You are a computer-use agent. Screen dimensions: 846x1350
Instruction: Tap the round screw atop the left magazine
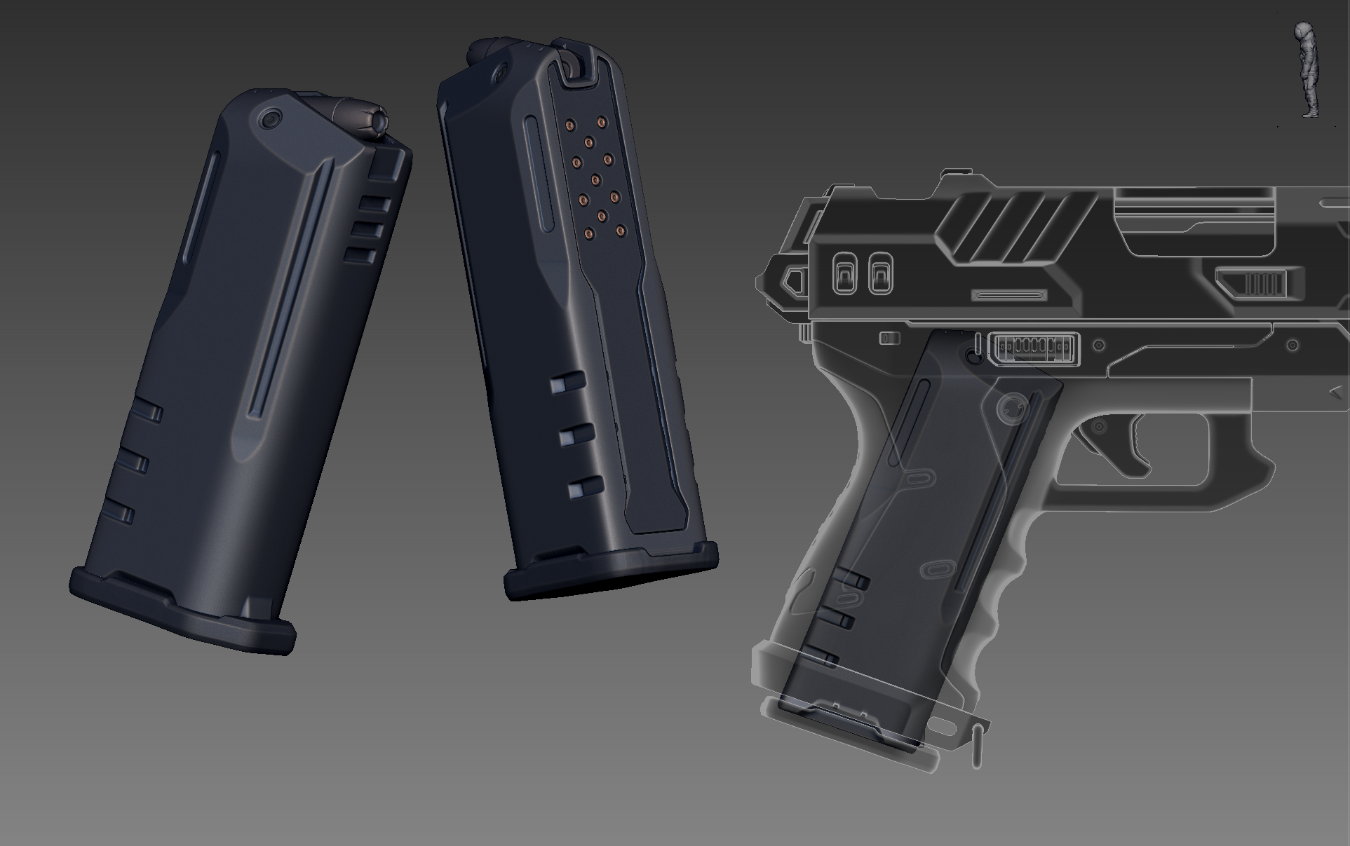[x=269, y=118]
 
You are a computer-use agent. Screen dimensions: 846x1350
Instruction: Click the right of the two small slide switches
[x=880, y=273]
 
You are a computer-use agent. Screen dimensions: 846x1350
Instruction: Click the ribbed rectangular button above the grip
[x=1034, y=348]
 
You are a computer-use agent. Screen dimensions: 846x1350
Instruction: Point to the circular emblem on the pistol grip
[x=1011, y=408]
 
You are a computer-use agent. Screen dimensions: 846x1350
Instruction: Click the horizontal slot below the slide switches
[x=1009, y=295]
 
